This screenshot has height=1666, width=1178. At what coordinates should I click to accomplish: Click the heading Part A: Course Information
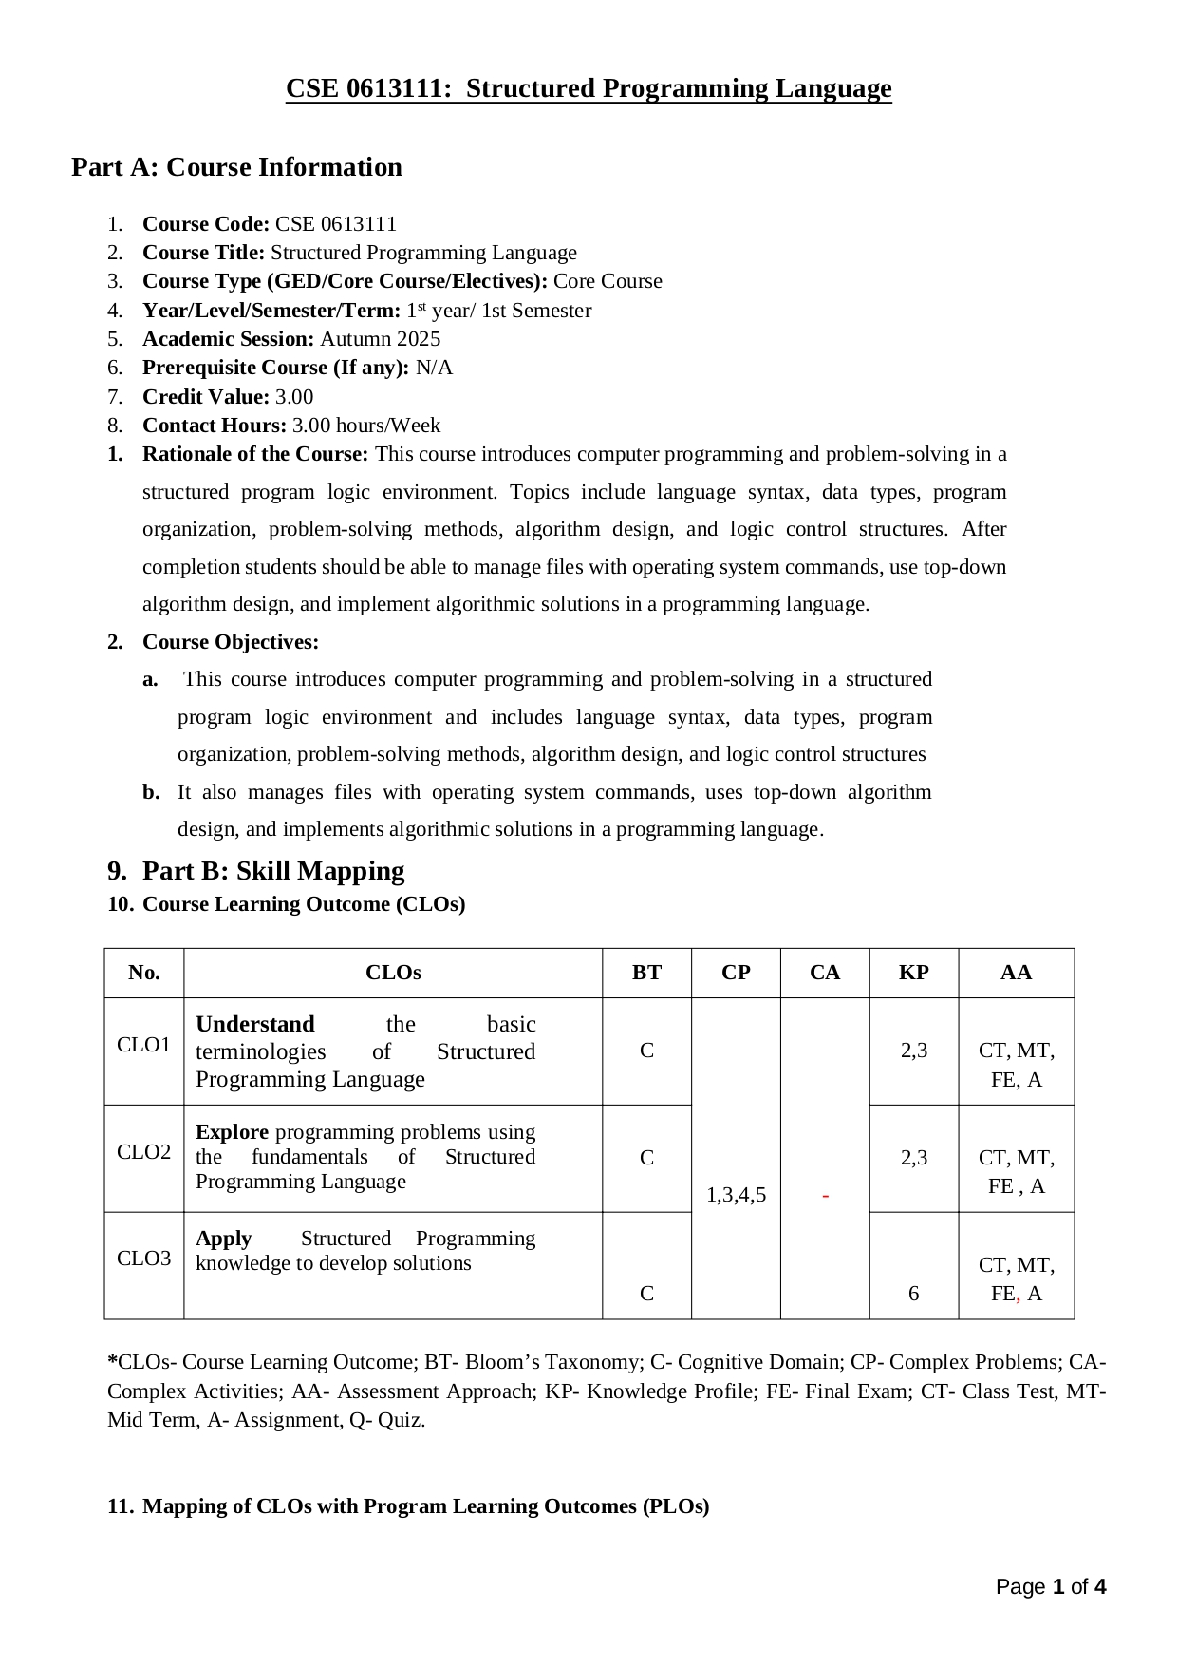coord(236,167)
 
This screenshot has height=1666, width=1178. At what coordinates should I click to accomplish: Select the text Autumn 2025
coord(380,339)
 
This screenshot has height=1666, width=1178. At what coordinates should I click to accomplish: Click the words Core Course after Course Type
coord(608,281)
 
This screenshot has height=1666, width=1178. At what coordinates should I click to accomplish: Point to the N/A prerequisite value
coord(434,368)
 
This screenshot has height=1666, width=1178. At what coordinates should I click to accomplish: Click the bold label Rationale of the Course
coord(254,454)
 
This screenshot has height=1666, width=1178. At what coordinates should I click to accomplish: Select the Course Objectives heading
coord(230,642)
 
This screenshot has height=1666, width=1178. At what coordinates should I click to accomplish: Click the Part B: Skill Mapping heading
coord(272,871)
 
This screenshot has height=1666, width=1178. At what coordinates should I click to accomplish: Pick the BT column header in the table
coord(646,973)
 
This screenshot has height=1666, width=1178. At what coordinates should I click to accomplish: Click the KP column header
coord(913,973)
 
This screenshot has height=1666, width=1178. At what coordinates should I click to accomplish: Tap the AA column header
coord(1016,973)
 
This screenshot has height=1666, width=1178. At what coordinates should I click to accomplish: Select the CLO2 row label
coord(143,1152)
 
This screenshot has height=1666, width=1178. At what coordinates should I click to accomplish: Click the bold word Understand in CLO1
coord(254,1024)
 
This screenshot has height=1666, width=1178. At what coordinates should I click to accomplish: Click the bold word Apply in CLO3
coord(223,1239)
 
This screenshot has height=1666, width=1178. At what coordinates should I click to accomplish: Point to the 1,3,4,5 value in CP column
coord(736,1195)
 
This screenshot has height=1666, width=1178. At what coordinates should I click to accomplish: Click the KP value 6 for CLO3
coord(913,1294)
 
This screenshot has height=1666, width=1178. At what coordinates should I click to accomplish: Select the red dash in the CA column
coord(825,1195)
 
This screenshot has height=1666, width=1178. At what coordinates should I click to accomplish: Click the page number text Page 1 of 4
coord(1050,1587)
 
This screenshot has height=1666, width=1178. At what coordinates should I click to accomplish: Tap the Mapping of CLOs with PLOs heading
coord(425,1506)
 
